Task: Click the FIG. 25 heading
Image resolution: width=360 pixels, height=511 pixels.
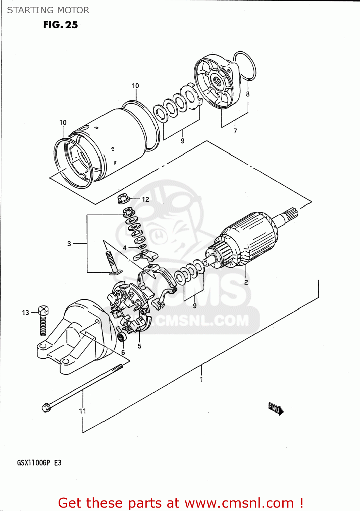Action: (60, 25)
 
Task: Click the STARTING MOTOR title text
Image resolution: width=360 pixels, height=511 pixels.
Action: (48, 10)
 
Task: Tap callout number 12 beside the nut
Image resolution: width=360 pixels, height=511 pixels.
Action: (145, 200)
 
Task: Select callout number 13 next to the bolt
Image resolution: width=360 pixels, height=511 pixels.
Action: (26, 313)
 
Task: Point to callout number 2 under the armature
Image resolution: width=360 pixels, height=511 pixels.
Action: (246, 282)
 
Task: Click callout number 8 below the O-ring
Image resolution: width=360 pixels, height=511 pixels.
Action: (248, 94)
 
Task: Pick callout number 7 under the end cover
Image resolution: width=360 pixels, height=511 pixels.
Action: (235, 131)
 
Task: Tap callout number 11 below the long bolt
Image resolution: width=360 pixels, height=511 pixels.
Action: (82, 411)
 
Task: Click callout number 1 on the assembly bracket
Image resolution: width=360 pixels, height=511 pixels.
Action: (201, 380)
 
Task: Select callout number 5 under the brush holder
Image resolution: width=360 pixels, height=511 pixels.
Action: (140, 346)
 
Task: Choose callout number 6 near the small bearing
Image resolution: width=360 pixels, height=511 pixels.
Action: (123, 353)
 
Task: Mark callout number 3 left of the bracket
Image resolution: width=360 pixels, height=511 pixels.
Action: (69, 244)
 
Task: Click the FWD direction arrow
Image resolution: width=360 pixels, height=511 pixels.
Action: (276, 408)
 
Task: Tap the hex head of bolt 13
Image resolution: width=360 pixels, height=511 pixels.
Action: (43, 310)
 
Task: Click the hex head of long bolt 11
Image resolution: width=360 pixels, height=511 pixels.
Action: (46, 407)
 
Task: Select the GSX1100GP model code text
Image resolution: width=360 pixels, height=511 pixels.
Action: (33, 463)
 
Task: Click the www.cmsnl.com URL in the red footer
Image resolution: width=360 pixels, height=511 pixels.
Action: (239, 503)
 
